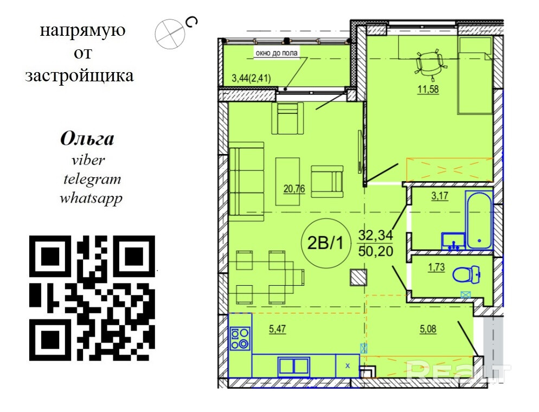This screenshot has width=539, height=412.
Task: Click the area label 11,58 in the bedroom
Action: (x=428, y=89)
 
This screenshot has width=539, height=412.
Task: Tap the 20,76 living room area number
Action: (x=294, y=189)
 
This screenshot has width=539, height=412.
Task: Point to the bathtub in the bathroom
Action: (x=479, y=221)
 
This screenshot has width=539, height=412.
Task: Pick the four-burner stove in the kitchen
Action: (x=240, y=338)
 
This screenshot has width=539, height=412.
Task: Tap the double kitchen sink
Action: (x=294, y=366)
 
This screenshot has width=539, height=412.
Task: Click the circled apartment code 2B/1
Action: (x=325, y=243)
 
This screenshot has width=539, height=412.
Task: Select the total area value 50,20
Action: (x=375, y=251)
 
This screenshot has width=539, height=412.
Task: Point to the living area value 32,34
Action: (x=375, y=235)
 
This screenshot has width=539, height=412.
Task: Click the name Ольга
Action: (x=87, y=139)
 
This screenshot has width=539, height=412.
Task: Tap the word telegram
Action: (x=92, y=179)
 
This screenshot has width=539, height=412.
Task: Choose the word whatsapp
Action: (x=91, y=199)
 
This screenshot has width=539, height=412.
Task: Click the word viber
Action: (x=88, y=160)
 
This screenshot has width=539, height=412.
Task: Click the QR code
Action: (x=92, y=298)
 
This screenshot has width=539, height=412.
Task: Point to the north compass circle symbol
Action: (x=170, y=34)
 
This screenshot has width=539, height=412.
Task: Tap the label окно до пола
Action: (x=277, y=53)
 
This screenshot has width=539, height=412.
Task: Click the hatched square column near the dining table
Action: (x=358, y=278)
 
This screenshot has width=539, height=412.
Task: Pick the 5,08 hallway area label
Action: (x=428, y=329)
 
